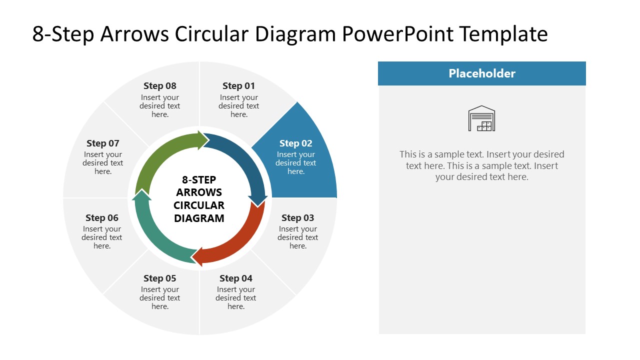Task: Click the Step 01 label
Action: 238,86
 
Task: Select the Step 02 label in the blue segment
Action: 295,143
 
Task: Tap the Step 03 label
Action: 297,218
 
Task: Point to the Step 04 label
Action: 236,278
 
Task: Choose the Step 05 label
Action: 160,278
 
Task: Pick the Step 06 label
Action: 102,218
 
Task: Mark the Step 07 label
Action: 103,143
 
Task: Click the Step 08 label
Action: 160,86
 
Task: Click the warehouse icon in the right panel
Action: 481,118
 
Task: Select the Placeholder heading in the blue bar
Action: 481,73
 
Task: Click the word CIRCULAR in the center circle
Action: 199,205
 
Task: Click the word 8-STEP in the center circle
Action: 199,180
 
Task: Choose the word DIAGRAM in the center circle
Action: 199,218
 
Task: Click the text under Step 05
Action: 160,298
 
